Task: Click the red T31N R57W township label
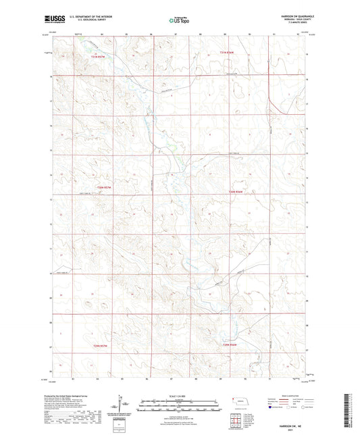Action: (99, 57)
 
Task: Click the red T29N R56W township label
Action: (231, 344)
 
